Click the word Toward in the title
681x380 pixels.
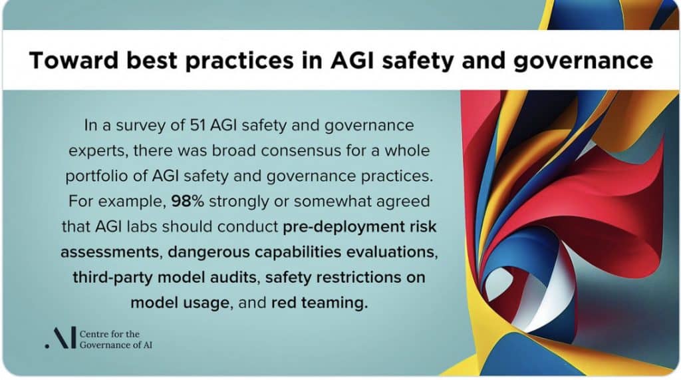coord(74,60)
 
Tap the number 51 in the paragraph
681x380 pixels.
coord(198,125)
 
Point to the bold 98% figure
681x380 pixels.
coord(188,201)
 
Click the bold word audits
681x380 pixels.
coord(235,278)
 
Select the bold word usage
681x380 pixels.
coord(206,303)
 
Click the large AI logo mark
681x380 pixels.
coord(61,338)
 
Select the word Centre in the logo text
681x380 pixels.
coord(93,334)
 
